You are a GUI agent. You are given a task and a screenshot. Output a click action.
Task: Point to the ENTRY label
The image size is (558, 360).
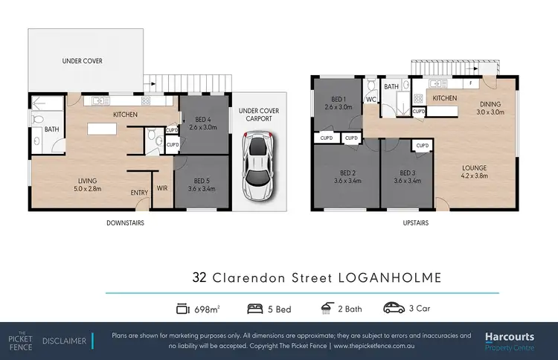139,193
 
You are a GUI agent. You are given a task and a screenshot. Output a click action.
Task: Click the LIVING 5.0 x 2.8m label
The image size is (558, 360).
89,184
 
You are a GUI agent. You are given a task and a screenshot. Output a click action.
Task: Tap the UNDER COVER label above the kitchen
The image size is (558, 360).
83,61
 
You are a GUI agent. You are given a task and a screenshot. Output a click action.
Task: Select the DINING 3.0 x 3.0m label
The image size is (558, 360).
490,108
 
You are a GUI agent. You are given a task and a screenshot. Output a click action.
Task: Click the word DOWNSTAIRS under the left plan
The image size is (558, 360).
125,222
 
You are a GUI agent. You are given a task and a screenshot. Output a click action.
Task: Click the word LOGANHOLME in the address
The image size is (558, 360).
390,278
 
